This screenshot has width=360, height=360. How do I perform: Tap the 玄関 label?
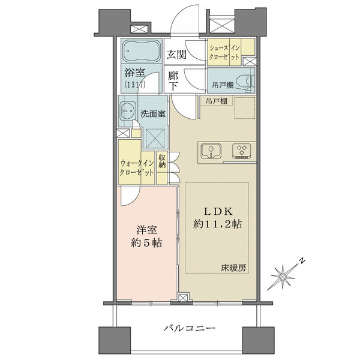coord(176,55)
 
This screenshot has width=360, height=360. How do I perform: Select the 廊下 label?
coord(173,81)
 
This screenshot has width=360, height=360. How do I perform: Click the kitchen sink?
coord(211,151)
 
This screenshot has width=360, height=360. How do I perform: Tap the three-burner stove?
coord(241,151)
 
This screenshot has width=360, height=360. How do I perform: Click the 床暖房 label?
coord(233,268)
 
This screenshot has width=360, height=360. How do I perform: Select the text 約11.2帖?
coord(218,224)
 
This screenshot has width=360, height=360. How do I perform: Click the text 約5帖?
coord(146,243)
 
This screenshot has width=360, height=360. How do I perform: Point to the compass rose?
coord(283,277)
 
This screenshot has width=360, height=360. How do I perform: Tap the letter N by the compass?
coord(302,261)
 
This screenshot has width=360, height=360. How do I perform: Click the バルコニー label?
coord(190,328)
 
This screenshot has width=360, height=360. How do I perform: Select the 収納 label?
coord(162,161)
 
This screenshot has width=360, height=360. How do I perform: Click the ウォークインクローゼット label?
coord(137,168)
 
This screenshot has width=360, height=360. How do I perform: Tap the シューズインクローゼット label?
coord(224,53)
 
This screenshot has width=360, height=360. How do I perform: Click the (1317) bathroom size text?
coord(135,85)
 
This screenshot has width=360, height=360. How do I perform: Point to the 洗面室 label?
coord(153,114)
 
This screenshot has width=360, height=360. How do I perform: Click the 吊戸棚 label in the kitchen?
coord(217,101)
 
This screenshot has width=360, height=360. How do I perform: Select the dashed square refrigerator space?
coord(245,107)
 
